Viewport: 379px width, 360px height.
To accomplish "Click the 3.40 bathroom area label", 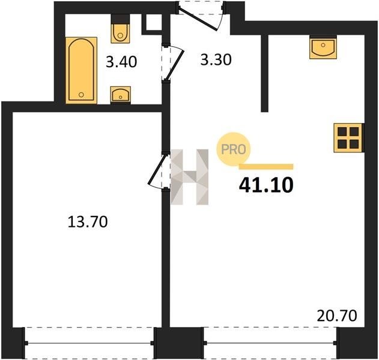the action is tap(121, 62).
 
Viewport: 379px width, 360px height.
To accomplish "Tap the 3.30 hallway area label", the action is tap(216, 59).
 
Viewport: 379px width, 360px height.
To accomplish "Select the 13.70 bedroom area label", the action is tap(88, 222).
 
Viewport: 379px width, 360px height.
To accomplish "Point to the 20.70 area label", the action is tap(337, 316).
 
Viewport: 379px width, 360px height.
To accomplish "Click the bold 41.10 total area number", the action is tap(266, 185).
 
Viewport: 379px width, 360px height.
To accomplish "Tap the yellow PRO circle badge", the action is tap(233, 149).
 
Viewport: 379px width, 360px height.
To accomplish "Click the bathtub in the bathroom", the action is tap(81, 70).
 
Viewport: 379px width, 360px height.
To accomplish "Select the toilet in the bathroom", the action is tap(120, 29).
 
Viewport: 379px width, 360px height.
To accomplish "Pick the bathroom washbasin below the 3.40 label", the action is tap(121, 95).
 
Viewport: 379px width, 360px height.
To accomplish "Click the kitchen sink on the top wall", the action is tap(323, 47).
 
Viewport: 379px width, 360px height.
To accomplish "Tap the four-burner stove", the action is tap(348, 138).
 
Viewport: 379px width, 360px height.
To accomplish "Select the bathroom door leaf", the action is tap(175, 65).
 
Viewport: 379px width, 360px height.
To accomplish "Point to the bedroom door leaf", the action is tap(157, 169).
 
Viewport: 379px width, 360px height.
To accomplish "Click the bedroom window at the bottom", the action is tap(89, 343).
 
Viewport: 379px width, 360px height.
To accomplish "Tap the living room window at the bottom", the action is tap(270, 343).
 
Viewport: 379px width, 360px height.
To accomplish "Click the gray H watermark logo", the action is tap(190, 177).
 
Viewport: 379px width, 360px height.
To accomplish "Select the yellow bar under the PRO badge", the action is tap(266, 167).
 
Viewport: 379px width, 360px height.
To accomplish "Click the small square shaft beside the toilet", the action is tap(154, 22).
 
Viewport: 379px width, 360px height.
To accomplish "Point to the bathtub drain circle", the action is tap(81, 95).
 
